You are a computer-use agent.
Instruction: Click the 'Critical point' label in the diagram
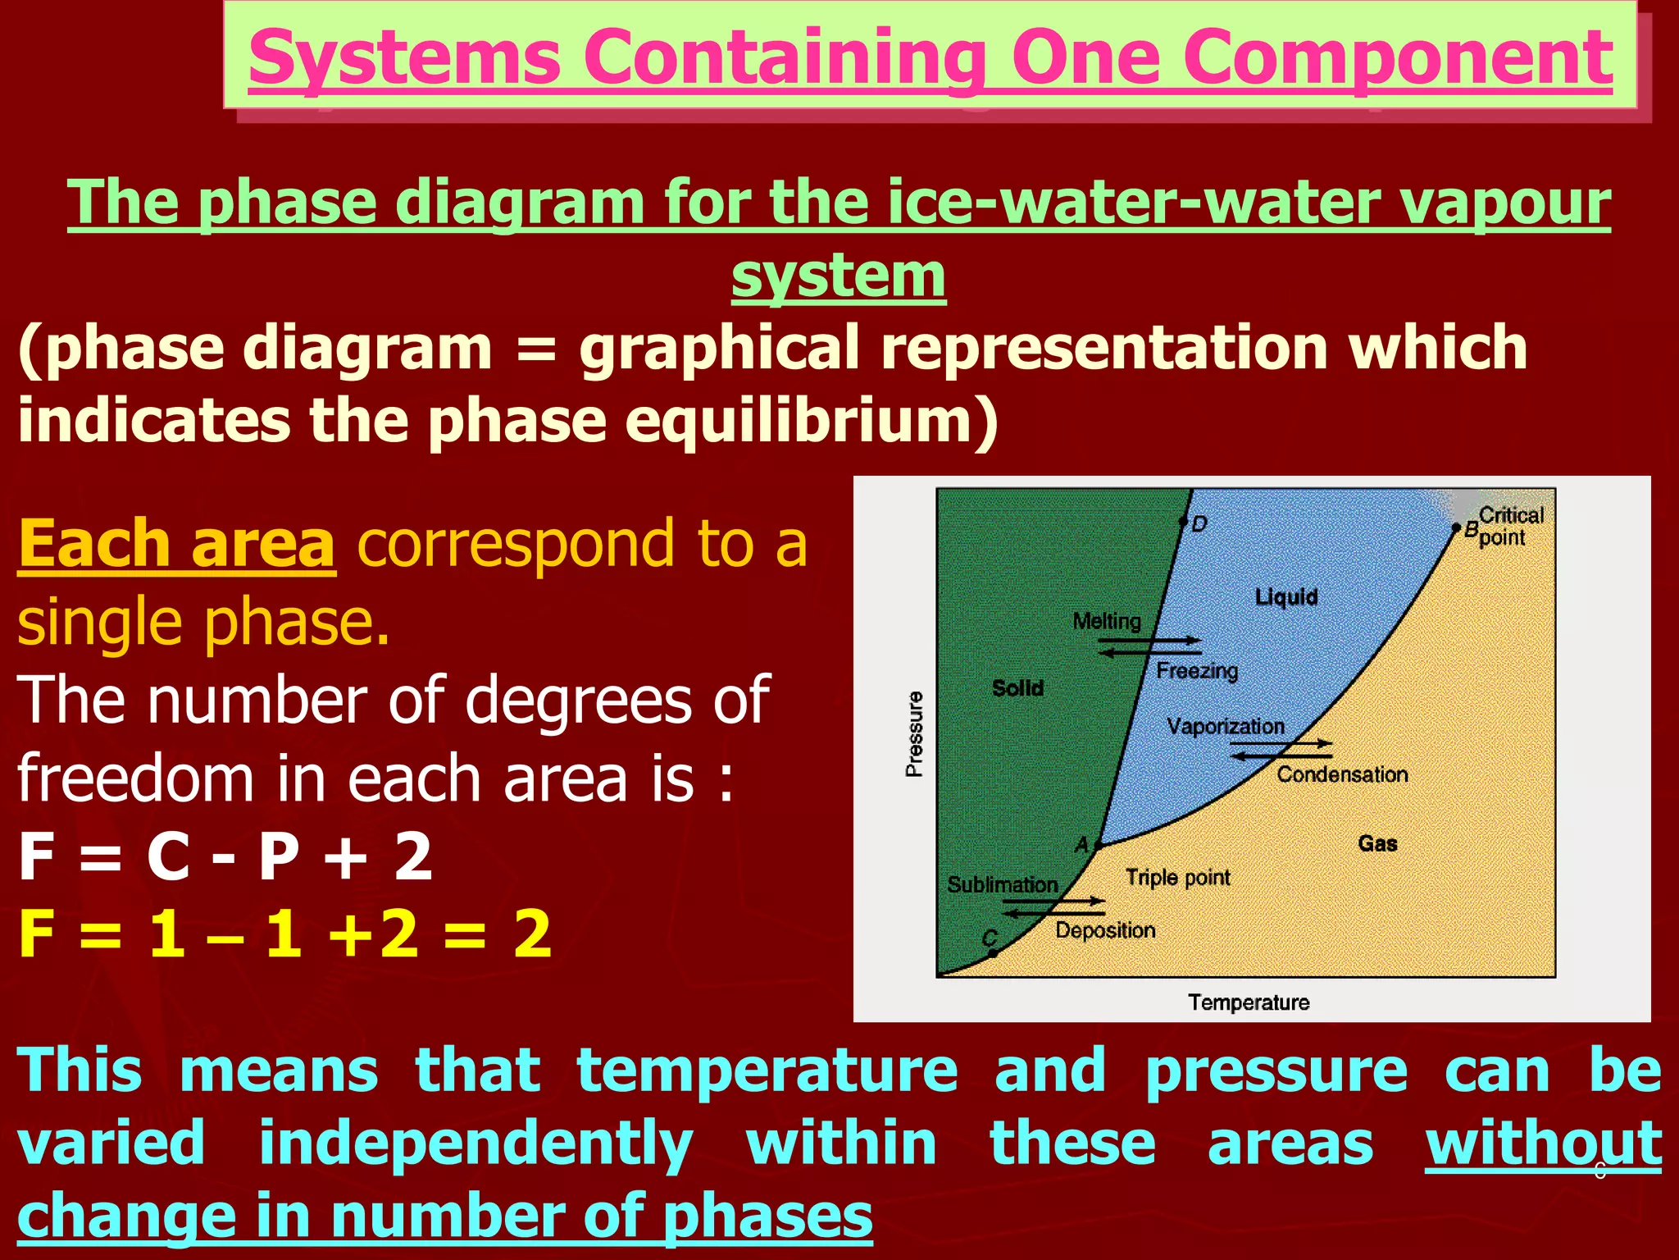point(1510,526)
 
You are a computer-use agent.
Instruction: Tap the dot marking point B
point(1456,527)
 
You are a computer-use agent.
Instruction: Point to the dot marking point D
point(1183,521)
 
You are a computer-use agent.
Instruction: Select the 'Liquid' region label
point(1285,596)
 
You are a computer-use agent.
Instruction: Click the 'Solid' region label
point(1017,687)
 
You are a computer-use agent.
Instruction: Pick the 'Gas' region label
point(1377,842)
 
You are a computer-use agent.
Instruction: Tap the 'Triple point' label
point(1177,877)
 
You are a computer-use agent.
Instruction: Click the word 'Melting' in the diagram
point(1107,621)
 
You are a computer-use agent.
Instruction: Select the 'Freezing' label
point(1197,670)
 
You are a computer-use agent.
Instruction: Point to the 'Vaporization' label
point(1226,726)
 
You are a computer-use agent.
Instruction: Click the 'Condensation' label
point(1342,774)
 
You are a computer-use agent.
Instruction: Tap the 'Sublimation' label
point(1003,884)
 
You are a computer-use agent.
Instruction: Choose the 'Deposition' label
point(1105,929)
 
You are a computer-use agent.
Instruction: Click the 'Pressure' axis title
point(914,733)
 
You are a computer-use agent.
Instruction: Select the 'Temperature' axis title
point(1249,1002)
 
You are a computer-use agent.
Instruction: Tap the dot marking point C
point(993,953)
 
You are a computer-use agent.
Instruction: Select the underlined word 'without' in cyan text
point(1543,1143)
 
